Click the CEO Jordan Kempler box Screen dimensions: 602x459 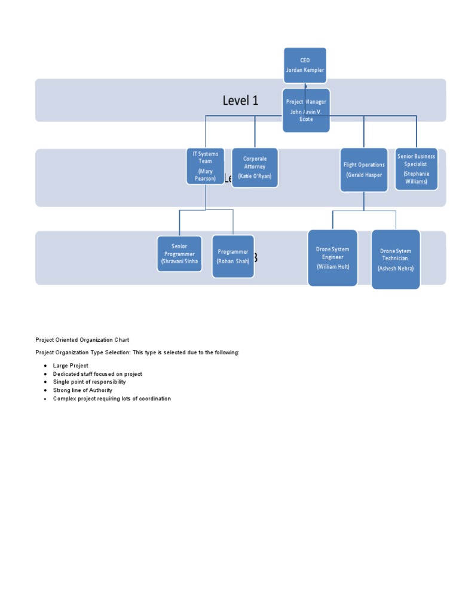click(x=305, y=65)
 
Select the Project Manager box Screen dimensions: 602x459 click(x=306, y=111)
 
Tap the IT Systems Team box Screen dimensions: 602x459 click(x=205, y=166)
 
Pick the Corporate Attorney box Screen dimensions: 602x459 click(x=255, y=168)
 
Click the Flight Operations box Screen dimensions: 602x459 click(x=364, y=170)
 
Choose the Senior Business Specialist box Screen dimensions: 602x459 click(x=416, y=169)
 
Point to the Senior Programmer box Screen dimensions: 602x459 click(x=179, y=254)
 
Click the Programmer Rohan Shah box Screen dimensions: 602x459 click(x=233, y=256)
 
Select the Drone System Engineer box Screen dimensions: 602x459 click(x=333, y=258)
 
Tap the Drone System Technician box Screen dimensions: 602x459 click(x=396, y=259)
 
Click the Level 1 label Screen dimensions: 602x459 click(x=240, y=101)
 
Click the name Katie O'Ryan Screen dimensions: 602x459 click(x=255, y=177)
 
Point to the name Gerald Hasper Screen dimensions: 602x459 click(x=364, y=175)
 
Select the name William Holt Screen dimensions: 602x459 click(x=333, y=266)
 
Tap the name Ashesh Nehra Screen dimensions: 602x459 click(x=396, y=268)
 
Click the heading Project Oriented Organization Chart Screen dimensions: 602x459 click(x=82, y=340)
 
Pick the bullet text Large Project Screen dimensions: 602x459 click(x=71, y=366)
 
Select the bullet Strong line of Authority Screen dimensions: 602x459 click(x=82, y=390)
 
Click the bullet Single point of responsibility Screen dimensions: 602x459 click(x=89, y=382)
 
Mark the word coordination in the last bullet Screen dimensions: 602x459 click(x=154, y=399)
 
